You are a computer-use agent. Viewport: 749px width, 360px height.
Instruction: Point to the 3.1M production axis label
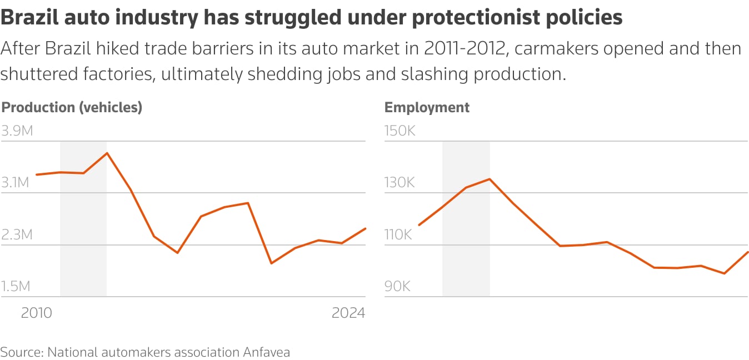coord(17,183)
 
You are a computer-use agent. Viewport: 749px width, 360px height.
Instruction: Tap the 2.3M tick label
coord(17,234)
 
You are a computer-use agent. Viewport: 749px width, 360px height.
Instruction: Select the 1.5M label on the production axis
coord(16,286)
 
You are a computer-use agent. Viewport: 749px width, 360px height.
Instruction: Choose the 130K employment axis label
coord(400,183)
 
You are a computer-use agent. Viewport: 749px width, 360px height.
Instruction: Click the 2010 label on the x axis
coord(36,313)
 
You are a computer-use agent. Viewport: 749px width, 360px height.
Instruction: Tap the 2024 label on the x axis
coord(348,313)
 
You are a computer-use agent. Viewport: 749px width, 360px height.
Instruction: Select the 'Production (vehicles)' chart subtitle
coord(72,107)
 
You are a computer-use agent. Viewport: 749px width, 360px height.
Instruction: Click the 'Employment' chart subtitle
coord(427,107)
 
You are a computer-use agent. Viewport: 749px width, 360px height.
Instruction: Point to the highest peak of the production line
coord(107,153)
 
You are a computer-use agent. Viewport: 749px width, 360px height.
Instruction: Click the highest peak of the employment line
coord(490,179)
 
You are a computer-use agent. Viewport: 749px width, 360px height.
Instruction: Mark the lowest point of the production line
coord(271,263)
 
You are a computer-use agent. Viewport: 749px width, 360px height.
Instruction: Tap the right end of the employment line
coord(748,252)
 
